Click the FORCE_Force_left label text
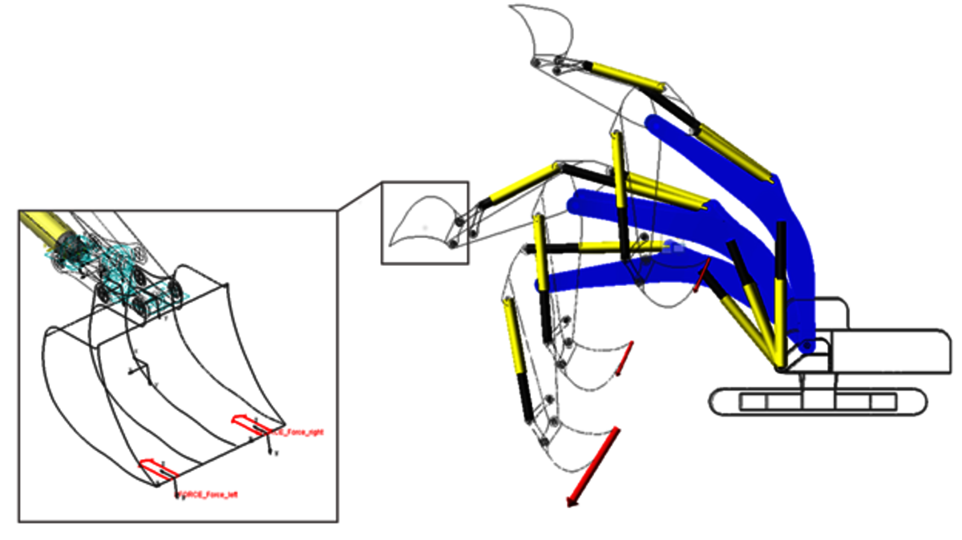click(x=207, y=494)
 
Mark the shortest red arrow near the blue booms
click(x=701, y=275)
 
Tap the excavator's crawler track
click(x=818, y=401)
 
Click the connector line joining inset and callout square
click(x=359, y=196)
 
